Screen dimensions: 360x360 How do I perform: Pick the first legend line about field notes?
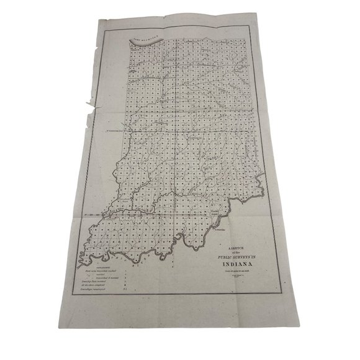[x=96, y=268]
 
